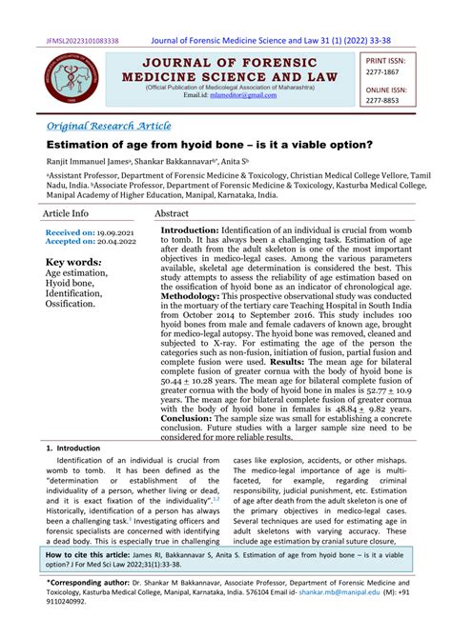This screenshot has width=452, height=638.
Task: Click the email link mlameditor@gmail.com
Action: click(x=234, y=95)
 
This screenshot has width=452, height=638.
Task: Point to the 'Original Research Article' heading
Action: click(x=109, y=126)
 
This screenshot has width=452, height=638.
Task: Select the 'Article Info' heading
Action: click(x=66, y=214)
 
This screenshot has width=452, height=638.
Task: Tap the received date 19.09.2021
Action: click(x=116, y=232)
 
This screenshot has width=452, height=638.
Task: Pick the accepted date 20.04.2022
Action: click(x=116, y=242)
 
